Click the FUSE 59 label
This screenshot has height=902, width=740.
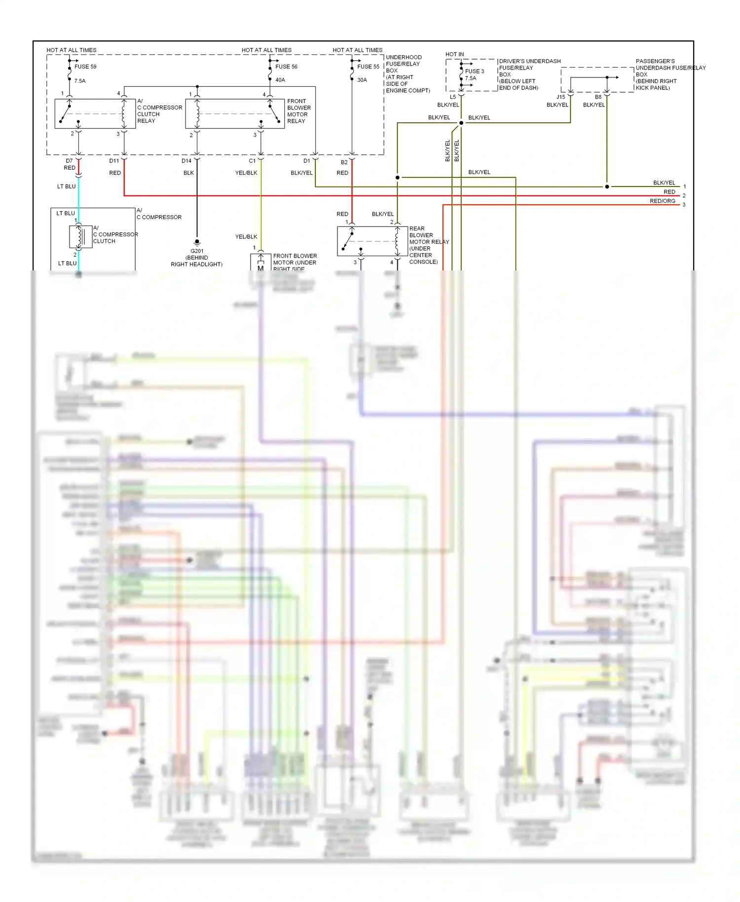pos(85,67)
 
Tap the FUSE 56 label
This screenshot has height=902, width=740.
pos(286,67)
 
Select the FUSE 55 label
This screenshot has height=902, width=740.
pos(368,67)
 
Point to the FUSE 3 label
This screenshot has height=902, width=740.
pos(474,71)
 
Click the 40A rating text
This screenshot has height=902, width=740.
pos(280,80)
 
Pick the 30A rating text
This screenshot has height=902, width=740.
pos(362,80)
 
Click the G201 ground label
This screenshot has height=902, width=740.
pos(197,251)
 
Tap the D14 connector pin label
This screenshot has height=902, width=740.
pos(186,161)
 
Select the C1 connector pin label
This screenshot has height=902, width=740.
pos(252,161)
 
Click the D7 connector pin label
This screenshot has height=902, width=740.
pos(69,161)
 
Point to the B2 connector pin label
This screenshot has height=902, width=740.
pos(344,162)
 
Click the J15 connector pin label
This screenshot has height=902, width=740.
pos(560,97)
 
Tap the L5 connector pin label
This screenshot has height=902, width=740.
pos(452,97)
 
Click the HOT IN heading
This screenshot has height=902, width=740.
pos(454,54)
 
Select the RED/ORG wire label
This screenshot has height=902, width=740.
pos(662,201)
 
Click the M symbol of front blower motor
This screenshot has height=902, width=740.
pos(260,268)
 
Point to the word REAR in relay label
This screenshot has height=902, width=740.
pos(417,228)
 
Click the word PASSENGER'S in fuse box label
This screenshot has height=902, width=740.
pos(655,61)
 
